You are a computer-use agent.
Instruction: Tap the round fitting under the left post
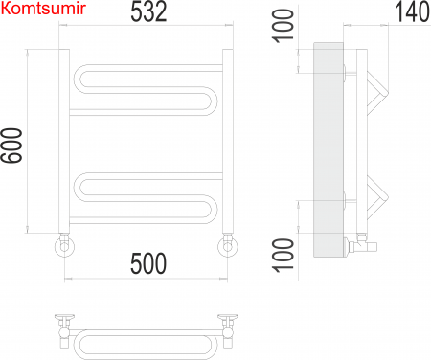pyautogui.click(x=64, y=247)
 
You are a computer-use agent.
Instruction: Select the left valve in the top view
pyautogui.click(x=64, y=323)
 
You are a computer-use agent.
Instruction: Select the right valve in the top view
pyautogui.click(x=228, y=323)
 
